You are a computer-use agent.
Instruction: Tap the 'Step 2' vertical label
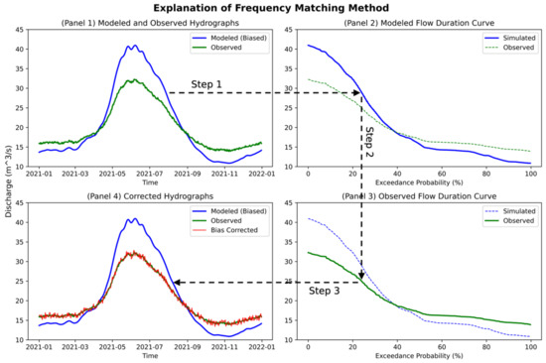pos(370,141)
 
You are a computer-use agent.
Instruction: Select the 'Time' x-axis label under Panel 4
pos(150,353)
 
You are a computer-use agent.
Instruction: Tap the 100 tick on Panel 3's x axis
pos(531,344)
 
